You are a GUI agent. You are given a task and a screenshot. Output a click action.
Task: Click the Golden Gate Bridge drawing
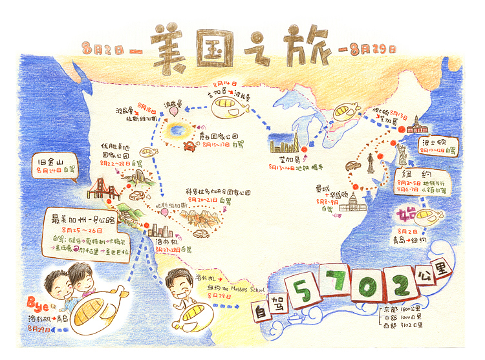[x=103, y=189]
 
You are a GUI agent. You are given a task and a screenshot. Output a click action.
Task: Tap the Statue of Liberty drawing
[x=402, y=152]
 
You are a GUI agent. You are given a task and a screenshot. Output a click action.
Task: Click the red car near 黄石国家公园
[x=190, y=147]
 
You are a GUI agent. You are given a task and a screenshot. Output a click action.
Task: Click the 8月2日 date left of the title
[x=104, y=48]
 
